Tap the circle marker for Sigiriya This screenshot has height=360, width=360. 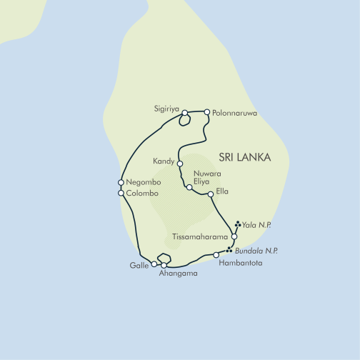point(185,113)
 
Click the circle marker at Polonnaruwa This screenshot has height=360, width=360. point(207,112)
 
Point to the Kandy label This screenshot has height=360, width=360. point(164,161)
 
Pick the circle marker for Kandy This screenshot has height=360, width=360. point(180,164)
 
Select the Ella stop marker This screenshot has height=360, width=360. point(211,194)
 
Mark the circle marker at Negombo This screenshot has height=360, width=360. point(121,183)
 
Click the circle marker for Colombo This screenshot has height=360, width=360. point(121,193)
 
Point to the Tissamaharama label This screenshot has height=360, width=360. point(201,236)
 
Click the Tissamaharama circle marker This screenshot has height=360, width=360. point(234,236)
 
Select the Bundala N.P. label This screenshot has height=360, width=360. point(256,251)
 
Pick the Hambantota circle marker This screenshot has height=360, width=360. point(216,255)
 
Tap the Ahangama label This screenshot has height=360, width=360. point(179,274)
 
